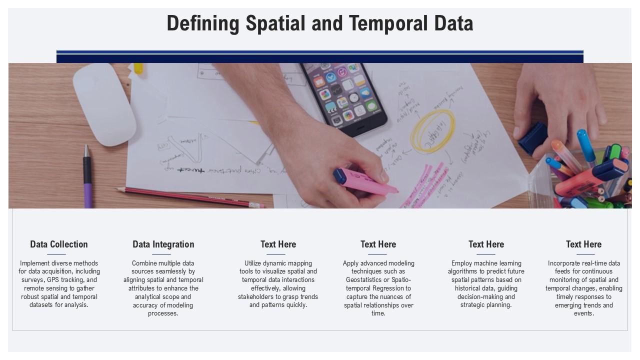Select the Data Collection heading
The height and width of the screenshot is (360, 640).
pos(59,244)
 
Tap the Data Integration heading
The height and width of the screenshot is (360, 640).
pos(163,244)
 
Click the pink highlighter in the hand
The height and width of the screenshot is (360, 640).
pos(367,181)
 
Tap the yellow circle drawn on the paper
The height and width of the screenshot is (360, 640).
pos(433,131)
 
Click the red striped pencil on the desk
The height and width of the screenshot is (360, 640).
pos(190,196)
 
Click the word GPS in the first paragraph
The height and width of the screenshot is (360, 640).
pos(53,280)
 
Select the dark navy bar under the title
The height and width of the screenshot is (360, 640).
pos(320,58)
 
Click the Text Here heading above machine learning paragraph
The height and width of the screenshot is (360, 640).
pos(486,244)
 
